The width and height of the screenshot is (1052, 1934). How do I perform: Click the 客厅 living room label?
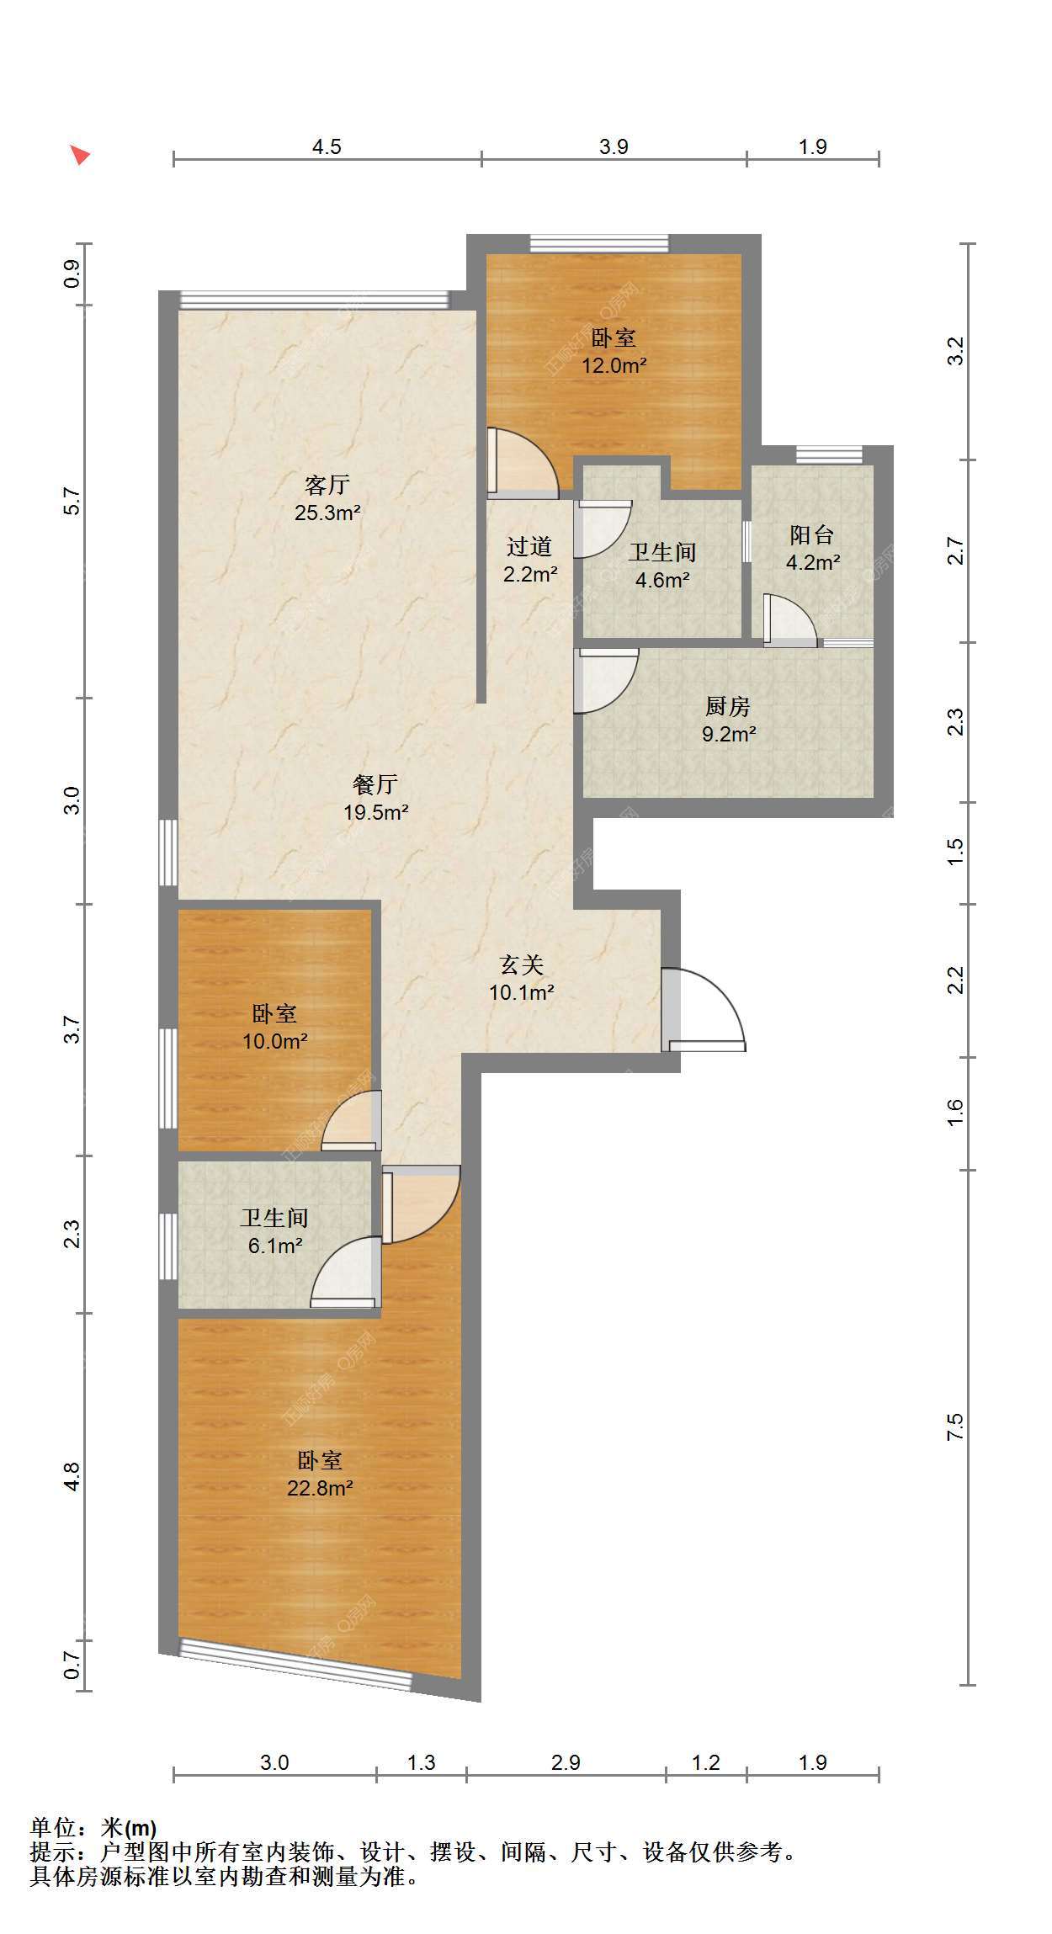[327, 485]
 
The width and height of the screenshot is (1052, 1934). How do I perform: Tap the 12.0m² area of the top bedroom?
[614, 365]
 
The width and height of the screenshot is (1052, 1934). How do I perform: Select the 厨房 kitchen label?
[728, 706]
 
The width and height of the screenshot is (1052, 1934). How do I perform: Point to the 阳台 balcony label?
[812, 534]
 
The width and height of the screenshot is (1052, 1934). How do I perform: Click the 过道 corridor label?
[529, 546]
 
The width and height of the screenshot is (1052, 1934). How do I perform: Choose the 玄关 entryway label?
[522, 964]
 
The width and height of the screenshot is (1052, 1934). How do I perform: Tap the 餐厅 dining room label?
[375, 784]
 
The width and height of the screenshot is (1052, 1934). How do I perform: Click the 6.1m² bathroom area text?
[275, 1246]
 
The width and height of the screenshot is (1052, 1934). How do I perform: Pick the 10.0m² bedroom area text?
[275, 1041]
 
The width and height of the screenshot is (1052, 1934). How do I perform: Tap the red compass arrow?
[80, 155]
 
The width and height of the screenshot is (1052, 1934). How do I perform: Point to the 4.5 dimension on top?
[327, 146]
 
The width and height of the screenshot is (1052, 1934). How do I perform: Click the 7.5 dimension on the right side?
[954, 1427]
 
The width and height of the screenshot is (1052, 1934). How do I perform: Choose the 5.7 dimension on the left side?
[72, 502]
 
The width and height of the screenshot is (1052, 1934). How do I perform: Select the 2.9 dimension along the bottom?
[566, 1762]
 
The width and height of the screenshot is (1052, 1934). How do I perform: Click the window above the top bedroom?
[599, 243]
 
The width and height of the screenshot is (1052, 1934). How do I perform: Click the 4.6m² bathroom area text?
[662, 580]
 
